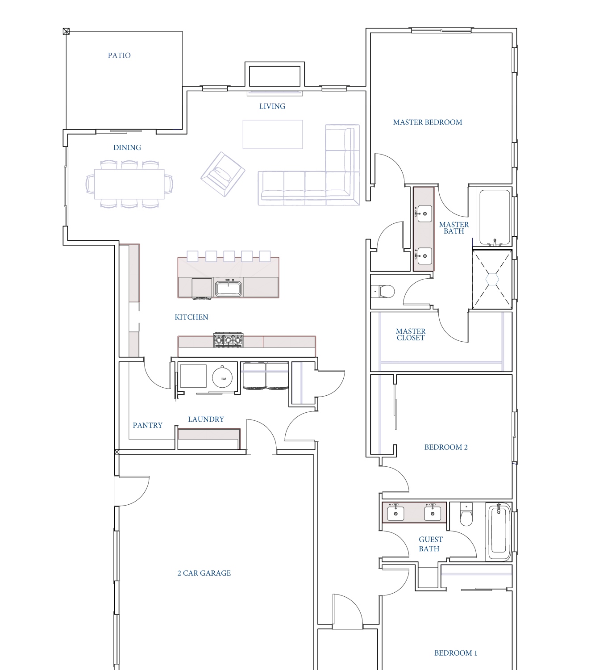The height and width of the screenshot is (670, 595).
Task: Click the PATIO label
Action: (119, 55)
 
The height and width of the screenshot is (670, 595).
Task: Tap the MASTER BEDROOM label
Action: (428, 122)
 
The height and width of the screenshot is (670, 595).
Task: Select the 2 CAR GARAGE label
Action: (204, 573)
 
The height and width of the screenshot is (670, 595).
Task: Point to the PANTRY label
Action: (147, 425)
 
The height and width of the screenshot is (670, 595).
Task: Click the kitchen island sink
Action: (229, 288)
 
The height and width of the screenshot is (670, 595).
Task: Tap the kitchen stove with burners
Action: (228, 339)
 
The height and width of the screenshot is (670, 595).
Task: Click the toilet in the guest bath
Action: (466, 515)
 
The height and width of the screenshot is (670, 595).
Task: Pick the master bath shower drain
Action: (492, 279)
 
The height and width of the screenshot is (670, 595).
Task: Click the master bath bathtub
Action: (495, 217)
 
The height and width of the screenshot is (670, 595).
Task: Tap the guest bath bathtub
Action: (499, 532)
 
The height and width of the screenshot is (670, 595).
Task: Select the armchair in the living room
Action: (223, 174)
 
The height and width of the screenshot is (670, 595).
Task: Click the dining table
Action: (129, 184)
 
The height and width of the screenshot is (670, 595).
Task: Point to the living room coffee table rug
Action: (273, 134)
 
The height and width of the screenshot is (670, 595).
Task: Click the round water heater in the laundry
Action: (222, 378)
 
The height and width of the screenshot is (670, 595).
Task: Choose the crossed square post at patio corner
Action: (66, 31)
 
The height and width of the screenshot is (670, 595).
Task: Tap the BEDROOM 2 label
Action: (446, 447)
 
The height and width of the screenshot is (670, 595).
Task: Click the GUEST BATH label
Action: (430, 544)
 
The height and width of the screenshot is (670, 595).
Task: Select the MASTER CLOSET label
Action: (411, 335)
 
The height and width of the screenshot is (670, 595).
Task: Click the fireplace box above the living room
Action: (275, 76)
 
